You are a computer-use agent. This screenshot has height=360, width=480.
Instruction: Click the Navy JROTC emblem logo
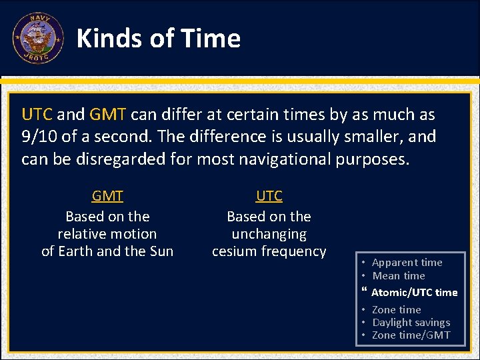pos(38,38)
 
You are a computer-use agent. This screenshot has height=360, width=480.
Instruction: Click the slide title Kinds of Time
pos(159,39)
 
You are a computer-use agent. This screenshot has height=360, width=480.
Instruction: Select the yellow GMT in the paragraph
pos(108,115)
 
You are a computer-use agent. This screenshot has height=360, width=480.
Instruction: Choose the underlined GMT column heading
pos(107,196)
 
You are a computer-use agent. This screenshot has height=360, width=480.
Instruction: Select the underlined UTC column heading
pos(269,196)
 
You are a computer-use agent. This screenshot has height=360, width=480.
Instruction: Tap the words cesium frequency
pos(269,251)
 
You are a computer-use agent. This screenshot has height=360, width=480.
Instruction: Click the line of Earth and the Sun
pos(107,251)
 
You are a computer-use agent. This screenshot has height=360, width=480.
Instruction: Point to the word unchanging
pos(269,234)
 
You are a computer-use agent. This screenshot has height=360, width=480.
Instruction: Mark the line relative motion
pos(107,234)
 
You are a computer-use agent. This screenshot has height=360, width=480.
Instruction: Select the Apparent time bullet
pos(407,263)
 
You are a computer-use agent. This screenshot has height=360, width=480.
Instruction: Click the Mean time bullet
pos(399,275)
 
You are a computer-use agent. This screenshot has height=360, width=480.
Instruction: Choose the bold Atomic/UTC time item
pos(414,292)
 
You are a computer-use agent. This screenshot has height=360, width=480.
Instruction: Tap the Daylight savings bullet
pos(411,322)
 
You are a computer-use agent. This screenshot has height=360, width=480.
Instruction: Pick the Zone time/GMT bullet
pos(411,335)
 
